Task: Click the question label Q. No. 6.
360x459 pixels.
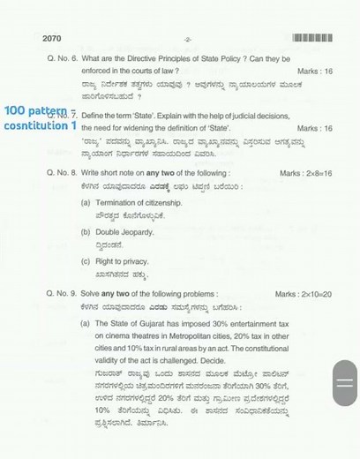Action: click(x=63, y=58)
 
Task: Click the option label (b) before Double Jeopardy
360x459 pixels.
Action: click(x=86, y=232)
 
